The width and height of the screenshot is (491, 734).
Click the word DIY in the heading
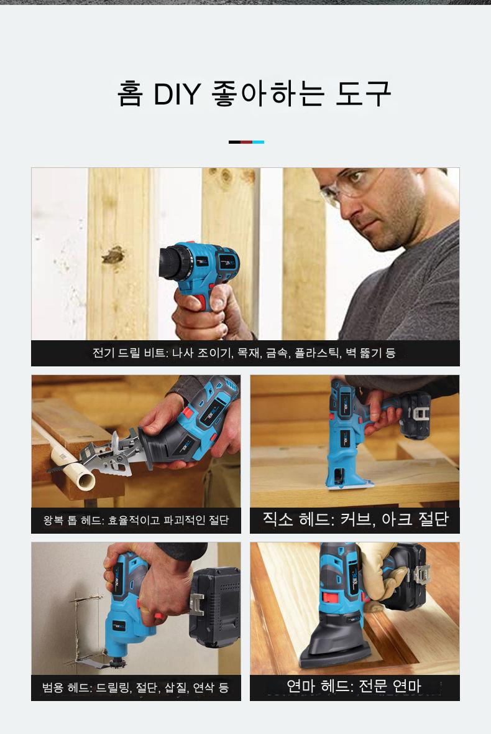(177, 94)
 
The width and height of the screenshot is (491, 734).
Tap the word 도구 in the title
(364, 94)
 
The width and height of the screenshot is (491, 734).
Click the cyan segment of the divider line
(258, 142)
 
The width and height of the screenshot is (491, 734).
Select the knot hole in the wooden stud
(112, 254)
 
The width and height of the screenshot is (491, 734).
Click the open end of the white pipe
(86, 480)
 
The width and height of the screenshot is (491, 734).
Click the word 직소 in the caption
(278, 519)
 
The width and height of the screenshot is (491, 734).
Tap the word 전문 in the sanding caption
(372, 686)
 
